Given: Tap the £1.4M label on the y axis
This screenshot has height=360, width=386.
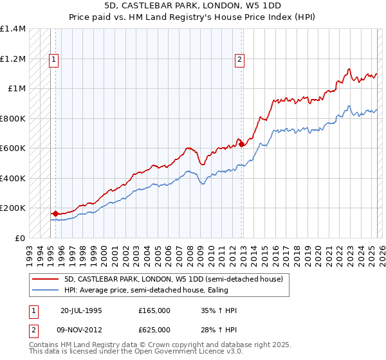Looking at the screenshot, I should pyautogui.click(x=13, y=29).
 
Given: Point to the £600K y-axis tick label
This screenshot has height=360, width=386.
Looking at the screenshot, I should pyautogui.click(x=13, y=148).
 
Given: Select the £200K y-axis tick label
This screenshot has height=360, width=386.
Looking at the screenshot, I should pyautogui.click(x=13, y=208).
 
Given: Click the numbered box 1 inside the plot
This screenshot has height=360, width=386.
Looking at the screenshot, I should pyautogui.click(x=55, y=60).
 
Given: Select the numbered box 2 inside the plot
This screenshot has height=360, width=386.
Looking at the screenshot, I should pyautogui.click(x=239, y=60).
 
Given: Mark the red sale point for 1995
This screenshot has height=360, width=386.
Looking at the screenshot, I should pyautogui.click(x=55, y=213).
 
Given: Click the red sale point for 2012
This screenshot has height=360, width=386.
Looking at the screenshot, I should pyautogui.click(x=242, y=145).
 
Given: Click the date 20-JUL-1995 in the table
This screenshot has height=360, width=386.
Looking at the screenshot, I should pyautogui.click(x=82, y=310).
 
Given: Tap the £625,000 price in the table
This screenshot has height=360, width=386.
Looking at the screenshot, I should pyautogui.click(x=154, y=330).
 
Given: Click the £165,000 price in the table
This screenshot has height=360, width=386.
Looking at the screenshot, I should pyautogui.click(x=154, y=310).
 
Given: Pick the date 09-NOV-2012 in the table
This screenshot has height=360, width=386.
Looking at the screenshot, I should pyautogui.click(x=82, y=330).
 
